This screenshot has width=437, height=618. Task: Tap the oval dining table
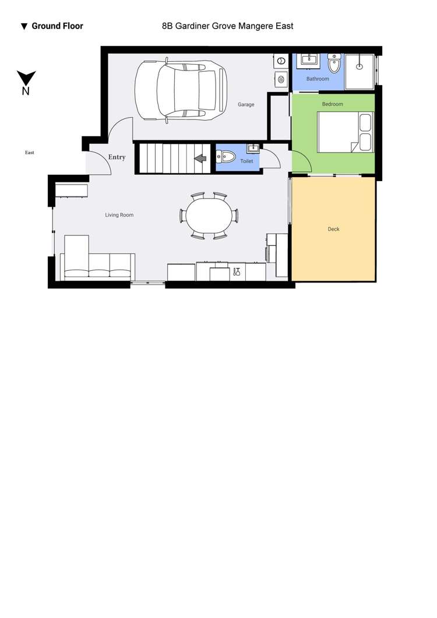tap(209, 216)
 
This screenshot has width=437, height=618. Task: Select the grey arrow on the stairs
tap(200, 158)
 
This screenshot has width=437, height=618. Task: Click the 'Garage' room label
tap(246, 104)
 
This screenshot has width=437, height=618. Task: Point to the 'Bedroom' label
tap(333, 104)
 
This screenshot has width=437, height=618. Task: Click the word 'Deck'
tap(334, 229)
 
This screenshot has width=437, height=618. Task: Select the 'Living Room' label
tap(119, 215)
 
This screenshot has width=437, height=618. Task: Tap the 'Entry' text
tap(117, 157)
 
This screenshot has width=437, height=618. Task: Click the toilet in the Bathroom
tap(334, 63)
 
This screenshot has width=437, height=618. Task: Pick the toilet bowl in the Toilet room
tap(226, 157)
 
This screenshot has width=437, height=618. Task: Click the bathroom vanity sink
tap(311, 59)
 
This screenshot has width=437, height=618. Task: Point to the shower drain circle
tap(360, 66)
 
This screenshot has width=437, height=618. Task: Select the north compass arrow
tap(26, 77)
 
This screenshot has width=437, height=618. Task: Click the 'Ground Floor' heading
tap(57, 26)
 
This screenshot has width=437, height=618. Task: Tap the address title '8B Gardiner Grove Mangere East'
tap(228, 26)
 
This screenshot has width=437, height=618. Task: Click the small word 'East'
tap(30, 153)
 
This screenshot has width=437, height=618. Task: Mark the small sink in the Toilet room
tap(253, 149)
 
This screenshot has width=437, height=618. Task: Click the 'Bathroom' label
tap(318, 79)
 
